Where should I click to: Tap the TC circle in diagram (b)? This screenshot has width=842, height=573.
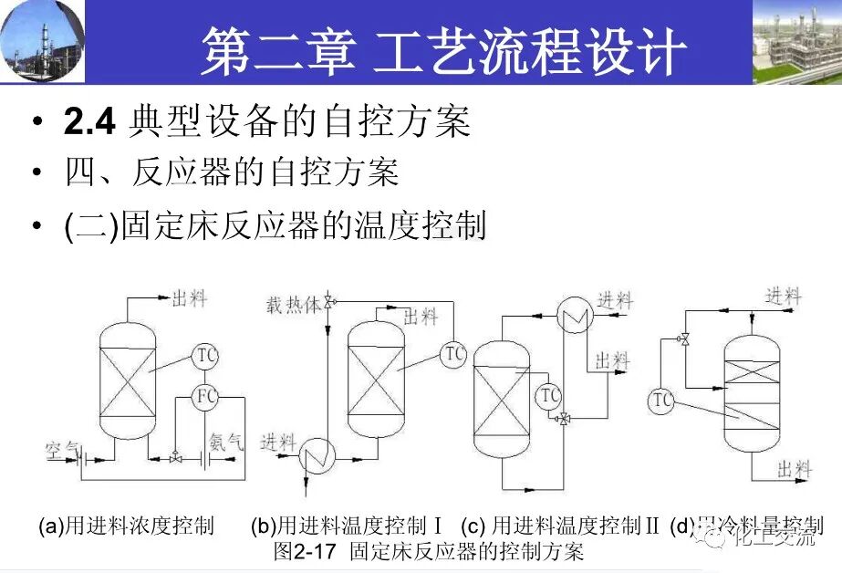(x=453, y=354)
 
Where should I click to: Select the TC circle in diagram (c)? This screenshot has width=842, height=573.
(x=549, y=395)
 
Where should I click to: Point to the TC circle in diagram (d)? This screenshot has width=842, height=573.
(x=662, y=400)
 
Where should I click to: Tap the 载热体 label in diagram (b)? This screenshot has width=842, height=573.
(x=294, y=304)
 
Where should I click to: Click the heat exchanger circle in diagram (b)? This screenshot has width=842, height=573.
(x=319, y=449)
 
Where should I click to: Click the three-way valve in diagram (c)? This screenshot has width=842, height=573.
(x=566, y=418)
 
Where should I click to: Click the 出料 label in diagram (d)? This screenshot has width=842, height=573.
(x=794, y=469)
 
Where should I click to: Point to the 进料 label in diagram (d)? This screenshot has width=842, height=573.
(x=784, y=296)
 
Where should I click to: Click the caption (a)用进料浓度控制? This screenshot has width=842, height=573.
(x=126, y=526)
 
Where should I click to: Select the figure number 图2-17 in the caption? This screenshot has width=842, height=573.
(x=307, y=551)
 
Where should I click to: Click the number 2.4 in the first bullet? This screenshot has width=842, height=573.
(x=89, y=122)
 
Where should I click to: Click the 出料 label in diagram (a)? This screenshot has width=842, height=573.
(x=190, y=298)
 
